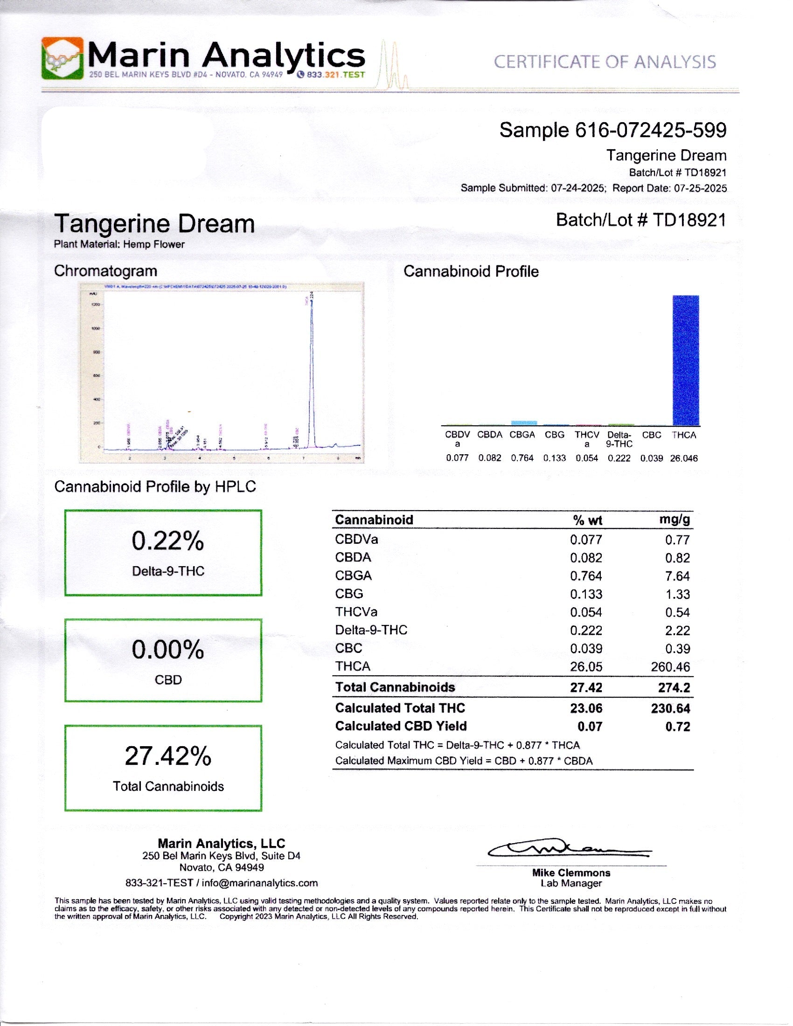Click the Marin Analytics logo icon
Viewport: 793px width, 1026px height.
[x=62, y=58]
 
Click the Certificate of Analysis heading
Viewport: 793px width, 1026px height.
[x=604, y=62]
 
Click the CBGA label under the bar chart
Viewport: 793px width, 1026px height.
[x=522, y=435]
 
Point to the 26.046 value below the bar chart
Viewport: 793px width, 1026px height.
[x=683, y=458]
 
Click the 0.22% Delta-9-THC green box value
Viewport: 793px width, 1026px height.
[x=168, y=541]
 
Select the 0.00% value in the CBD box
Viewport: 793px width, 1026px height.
[x=168, y=650]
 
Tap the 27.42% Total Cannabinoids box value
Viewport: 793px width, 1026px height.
[x=168, y=756]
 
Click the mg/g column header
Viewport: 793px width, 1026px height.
[x=675, y=519]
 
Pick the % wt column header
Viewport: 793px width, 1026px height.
[x=587, y=520]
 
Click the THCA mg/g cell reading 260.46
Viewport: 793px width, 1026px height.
[x=670, y=666]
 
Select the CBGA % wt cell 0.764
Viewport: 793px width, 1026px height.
[x=586, y=576]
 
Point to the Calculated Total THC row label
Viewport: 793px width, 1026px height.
[x=400, y=708]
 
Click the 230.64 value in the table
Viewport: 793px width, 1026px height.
[x=670, y=708]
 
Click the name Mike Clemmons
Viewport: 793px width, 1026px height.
[x=571, y=873]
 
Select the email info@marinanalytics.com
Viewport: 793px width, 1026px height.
[x=260, y=883]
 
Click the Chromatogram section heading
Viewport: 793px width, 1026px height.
[x=105, y=271]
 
